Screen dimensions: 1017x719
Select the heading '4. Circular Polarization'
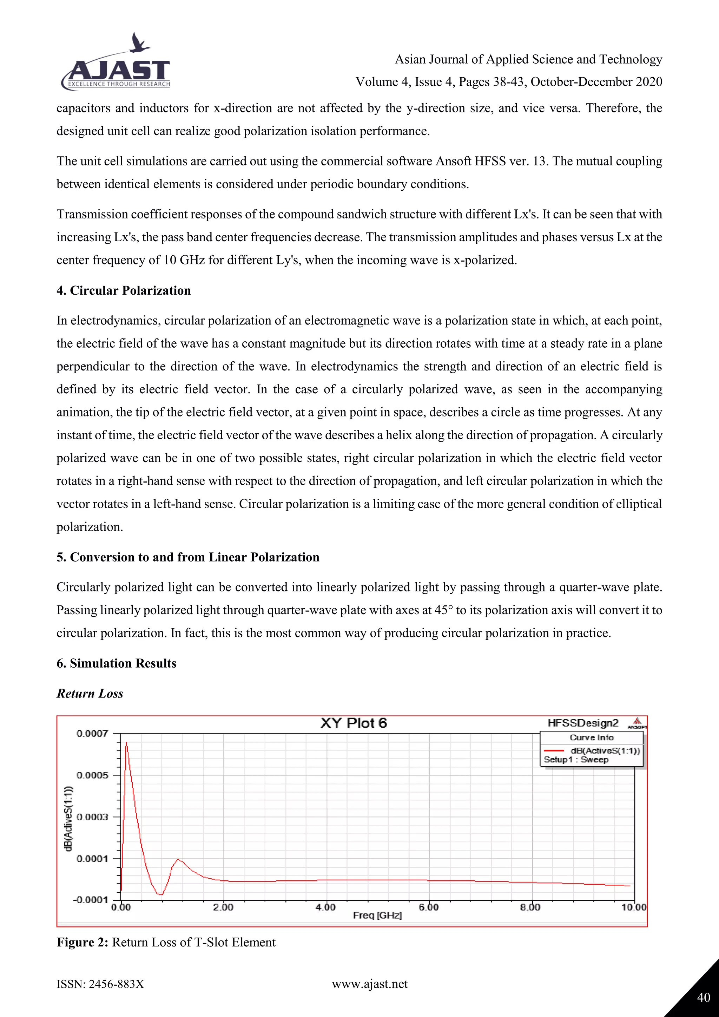click(x=124, y=290)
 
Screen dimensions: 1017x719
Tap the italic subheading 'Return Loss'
click(x=90, y=693)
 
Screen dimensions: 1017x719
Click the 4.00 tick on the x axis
click(x=325, y=907)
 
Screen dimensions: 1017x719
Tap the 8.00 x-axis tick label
click(x=530, y=907)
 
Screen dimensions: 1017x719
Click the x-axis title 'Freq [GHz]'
click(x=377, y=915)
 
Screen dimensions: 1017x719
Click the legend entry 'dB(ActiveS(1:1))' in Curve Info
click(x=605, y=750)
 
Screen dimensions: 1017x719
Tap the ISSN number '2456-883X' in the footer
click(x=116, y=984)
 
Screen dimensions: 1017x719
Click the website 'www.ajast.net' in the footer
click(x=370, y=984)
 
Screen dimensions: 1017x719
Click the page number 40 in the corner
click(x=703, y=998)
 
